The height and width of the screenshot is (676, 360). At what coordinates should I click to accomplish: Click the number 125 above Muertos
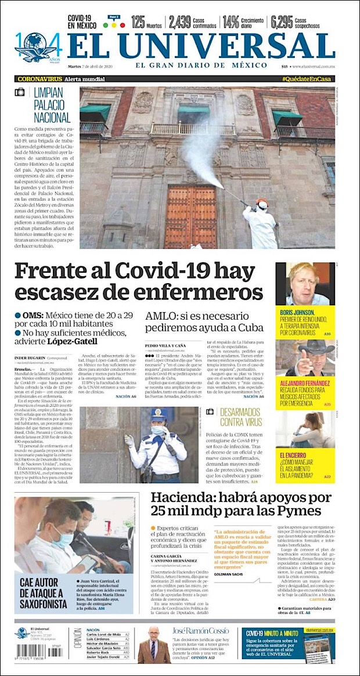(x=138, y=23)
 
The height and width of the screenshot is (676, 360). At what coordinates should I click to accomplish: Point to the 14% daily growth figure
(x=231, y=23)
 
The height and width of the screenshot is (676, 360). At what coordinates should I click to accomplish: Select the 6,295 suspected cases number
(x=281, y=23)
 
